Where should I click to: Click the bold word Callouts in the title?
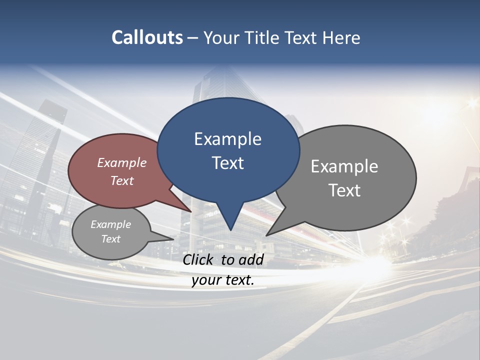[x=147, y=37]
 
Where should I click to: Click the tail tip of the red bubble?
[x=191, y=211]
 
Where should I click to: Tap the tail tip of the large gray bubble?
[x=267, y=235]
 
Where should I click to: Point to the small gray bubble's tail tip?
[x=173, y=239]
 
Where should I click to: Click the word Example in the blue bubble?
[x=227, y=139]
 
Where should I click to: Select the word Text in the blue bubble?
[x=228, y=163]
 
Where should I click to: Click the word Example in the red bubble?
[x=122, y=162]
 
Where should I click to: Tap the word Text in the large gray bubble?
[x=345, y=190]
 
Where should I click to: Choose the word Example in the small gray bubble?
[x=110, y=224]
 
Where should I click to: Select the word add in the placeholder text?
[x=251, y=259]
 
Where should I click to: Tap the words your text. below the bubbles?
[x=223, y=280]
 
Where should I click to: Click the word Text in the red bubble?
[x=122, y=180]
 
